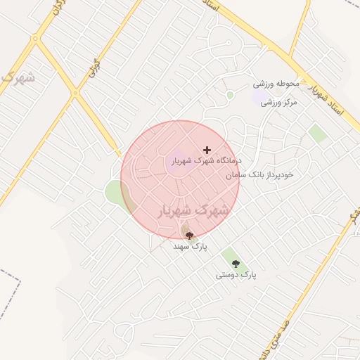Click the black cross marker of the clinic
pos(206,150)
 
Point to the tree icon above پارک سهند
pos(188,236)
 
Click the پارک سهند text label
pos(191,247)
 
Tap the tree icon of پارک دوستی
pos(236,264)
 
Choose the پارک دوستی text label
pos(236,276)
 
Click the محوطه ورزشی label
pos(276,84)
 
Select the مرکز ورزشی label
pos(280,102)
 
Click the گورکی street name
pos(90,71)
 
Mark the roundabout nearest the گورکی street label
pos(75,93)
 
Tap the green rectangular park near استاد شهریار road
pos(318,133)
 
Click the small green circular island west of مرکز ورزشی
pos(230,95)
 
